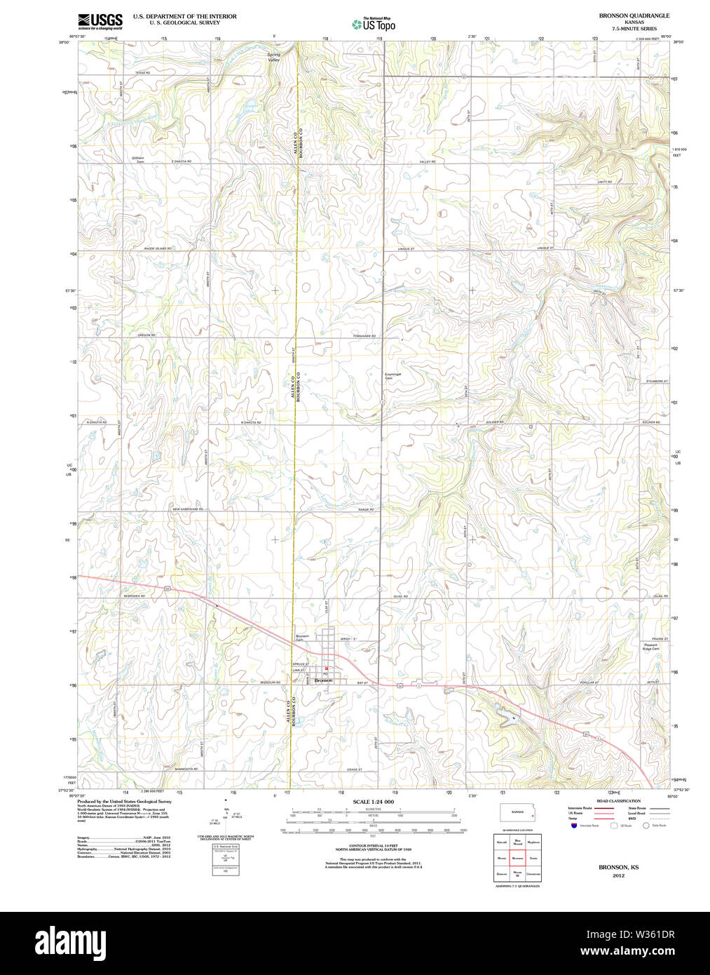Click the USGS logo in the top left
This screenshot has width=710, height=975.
tap(100, 21)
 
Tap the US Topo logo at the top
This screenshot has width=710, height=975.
tap(374, 24)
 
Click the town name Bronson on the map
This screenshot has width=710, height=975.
tap(323, 680)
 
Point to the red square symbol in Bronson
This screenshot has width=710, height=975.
tap(326, 668)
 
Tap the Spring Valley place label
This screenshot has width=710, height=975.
tap(273, 58)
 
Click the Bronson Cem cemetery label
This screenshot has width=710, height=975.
tap(301, 638)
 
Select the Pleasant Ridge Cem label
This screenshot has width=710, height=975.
tap(650, 647)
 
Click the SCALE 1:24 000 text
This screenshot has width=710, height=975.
tap(373, 802)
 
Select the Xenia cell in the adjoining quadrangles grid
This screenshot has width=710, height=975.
tap(533, 858)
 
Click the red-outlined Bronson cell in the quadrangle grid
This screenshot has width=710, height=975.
tap(517, 858)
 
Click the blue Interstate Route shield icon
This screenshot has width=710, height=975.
tap(574, 826)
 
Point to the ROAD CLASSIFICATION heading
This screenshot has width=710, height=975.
tap(617, 801)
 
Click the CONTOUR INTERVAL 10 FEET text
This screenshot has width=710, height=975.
tap(373, 846)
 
